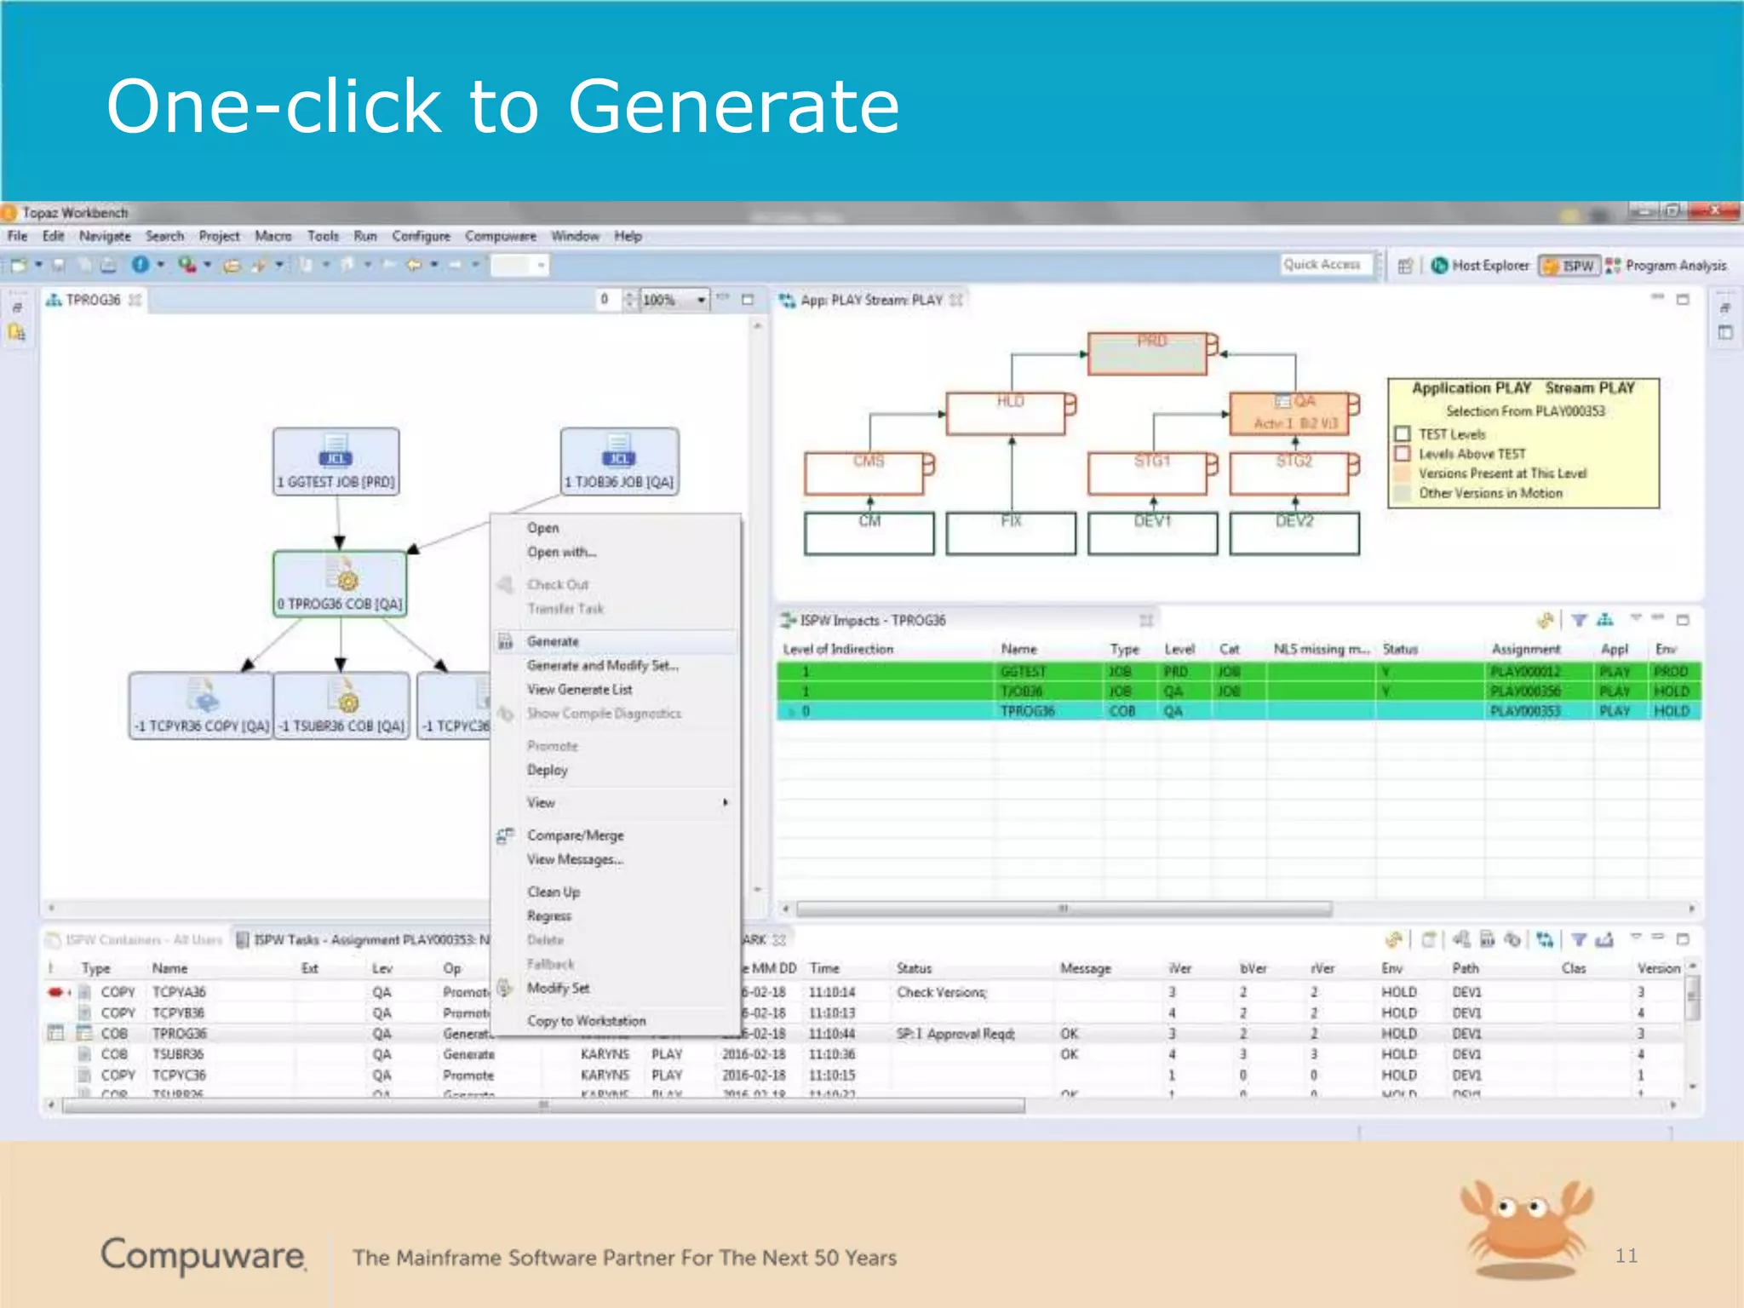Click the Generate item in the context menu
[553, 641]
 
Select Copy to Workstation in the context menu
[586, 1020]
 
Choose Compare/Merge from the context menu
[575, 835]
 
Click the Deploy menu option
[547, 770]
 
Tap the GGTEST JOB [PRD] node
[336, 461]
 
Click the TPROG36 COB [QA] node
[340, 583]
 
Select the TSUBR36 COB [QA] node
[341, 705]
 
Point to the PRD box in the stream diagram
[1147, 353]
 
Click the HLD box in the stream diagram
[1006, 414]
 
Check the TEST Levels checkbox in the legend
[1403, 434]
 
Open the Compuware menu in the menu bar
[500, 236]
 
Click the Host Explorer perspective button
[1481, 266]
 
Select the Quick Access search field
[1325, 265]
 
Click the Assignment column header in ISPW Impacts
[1525, 649]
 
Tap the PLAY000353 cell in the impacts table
[1525, 711]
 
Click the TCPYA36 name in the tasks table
[179, 992]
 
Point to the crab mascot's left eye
[1505, 1206]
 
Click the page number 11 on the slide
[1626, 1255]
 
